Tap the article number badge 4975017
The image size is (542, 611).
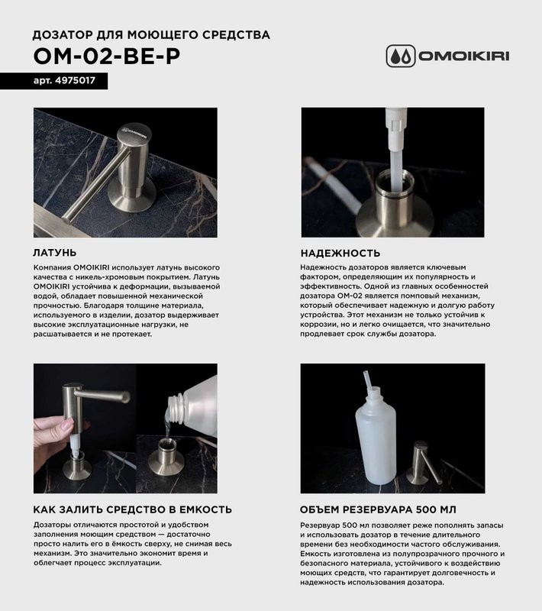tap(59, 80)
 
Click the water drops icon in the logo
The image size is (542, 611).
tap(400, 56)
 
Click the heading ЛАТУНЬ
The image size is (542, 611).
tap(55, 252)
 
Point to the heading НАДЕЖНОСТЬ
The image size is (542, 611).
tap(340, 252)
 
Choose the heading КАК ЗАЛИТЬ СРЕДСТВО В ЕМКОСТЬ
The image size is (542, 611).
tap(133, 509)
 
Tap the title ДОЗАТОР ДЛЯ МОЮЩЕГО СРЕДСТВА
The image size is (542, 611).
tap(151, 35)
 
